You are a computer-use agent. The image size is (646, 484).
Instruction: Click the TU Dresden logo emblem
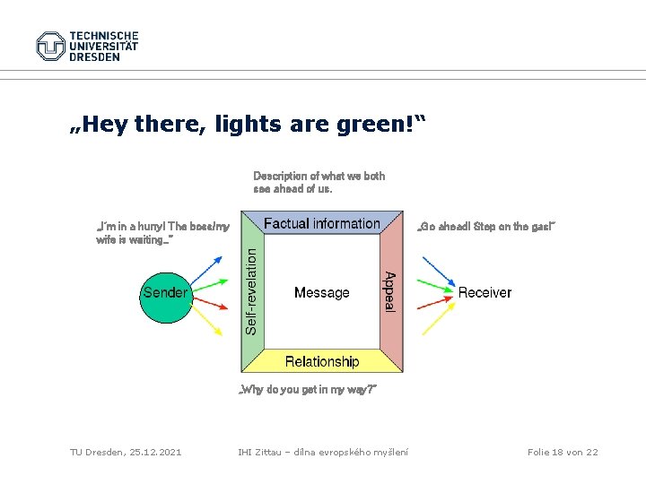pyautogui.click(x=50, y=46)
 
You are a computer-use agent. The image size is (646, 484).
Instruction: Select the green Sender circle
pyautogui.click(x=165, y=292)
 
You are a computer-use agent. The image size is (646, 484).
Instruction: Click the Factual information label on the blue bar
pyautogui.click(x=322, y=224)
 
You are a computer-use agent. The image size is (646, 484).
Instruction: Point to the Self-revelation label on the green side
pyautogui.click(x=253, y=292)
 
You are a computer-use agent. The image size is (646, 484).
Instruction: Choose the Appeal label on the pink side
pyautogui.click(x=389, y=292)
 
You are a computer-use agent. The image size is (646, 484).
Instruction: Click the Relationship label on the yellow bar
pyautogui.click(x=321, y=361)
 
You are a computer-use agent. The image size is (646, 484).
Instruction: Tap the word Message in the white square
pyautogui.click(x=321, y=292)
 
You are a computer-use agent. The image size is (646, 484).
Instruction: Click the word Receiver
pyautogui.click(x=484, y=292)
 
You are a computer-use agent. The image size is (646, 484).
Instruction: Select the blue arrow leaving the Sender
pyautogui.click(x=208, y=268)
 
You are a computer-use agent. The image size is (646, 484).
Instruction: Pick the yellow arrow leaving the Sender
pyautogui.click(x=208, y=319)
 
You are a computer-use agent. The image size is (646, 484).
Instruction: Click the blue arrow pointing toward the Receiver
pyautogui.click(x=438, y=272)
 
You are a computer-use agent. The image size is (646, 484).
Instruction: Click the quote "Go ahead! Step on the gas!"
pyautogui.click(x=487, y=227)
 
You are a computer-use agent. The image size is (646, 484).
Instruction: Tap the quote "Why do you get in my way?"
pyautogui.click(x=305, y=390)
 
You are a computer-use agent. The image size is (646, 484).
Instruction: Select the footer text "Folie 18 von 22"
pyautogui.click(x=563, y=452)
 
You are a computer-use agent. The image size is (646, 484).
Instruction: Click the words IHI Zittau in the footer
pyautogui.click(x=258, y=452)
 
